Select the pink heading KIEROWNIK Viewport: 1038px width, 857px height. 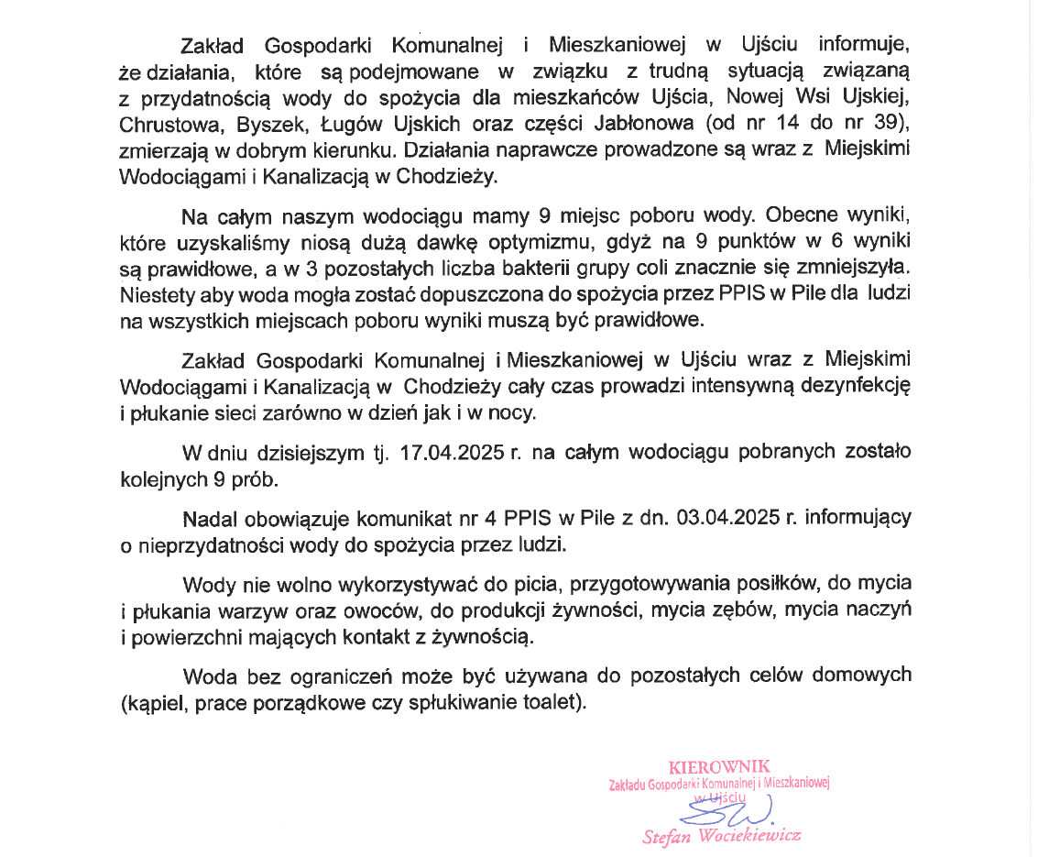[719, 767]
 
